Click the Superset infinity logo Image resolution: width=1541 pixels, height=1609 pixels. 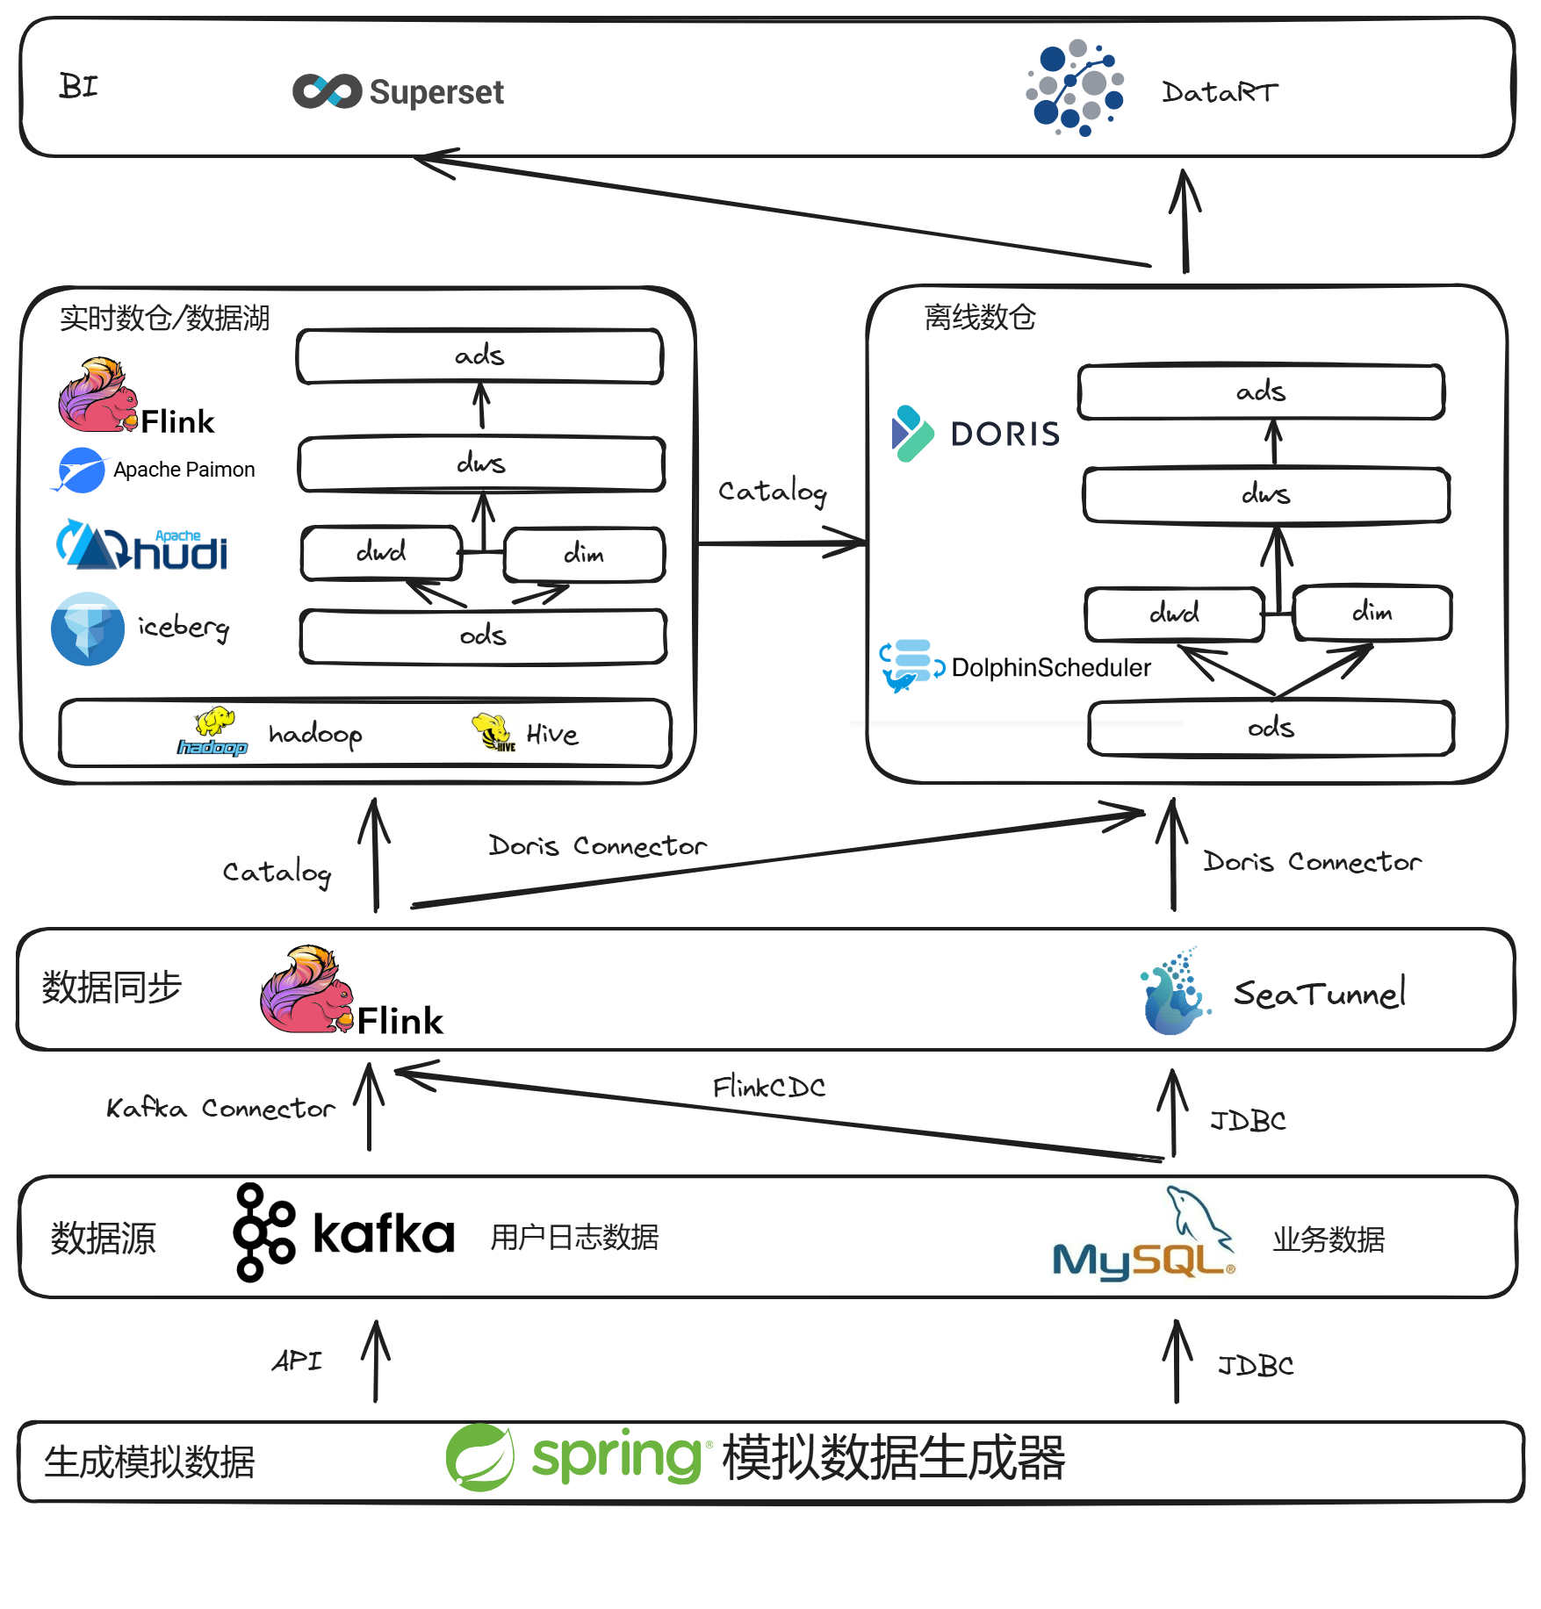tap(327, 91)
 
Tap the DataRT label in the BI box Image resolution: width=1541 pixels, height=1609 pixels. tap(1220, 92)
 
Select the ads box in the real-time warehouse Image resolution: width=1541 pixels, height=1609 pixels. tap(479, 356)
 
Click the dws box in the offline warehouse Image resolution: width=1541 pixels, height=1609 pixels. tap(1266, 496)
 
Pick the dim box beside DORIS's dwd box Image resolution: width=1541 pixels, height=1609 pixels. tap(1372, 613)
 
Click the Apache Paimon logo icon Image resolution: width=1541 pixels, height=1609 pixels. tap(80, 470)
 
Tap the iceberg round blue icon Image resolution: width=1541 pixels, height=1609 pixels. tap(87, 629)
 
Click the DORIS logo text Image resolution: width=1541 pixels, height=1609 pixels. tap(1005, 435)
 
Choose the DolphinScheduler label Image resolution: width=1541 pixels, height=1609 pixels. tap(1050, 668)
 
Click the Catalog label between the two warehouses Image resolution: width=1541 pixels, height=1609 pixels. tap(772, 492)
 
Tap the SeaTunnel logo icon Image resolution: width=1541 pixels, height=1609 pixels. tap(1174, 992)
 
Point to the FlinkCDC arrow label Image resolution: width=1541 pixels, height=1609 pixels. tap(768, 1088)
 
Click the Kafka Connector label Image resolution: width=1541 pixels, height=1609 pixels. tap(220, 1109)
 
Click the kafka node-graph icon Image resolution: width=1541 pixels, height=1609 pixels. tap(263, 1232)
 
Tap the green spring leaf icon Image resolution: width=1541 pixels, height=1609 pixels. tap(479, 1458)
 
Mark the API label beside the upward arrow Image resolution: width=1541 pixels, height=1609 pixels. tap(297, 1361)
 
